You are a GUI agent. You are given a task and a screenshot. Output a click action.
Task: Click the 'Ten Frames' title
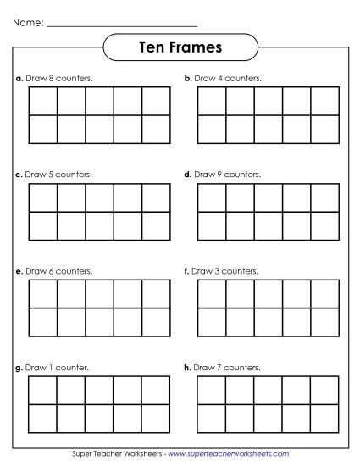point(179,47)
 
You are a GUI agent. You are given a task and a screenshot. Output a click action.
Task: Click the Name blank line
point(122,25)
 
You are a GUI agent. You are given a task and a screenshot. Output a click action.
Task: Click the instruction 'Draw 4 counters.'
point(228,79)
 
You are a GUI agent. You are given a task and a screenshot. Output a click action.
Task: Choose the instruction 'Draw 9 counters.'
point(228,175)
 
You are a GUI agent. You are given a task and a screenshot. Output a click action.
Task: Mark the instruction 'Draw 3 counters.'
point(227,271)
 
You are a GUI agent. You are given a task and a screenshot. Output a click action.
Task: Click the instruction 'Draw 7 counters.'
point(227,368)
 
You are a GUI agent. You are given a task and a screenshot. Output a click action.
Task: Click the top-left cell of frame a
point(43,101)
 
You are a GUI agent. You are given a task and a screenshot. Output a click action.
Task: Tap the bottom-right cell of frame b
point(324,130)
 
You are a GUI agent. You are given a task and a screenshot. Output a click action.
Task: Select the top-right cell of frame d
point(324,197)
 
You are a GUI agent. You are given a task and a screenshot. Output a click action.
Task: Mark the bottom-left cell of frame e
point(43,322)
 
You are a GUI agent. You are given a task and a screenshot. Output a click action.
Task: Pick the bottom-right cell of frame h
point(324,419)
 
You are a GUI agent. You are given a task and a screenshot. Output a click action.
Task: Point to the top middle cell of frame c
point(100,197)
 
